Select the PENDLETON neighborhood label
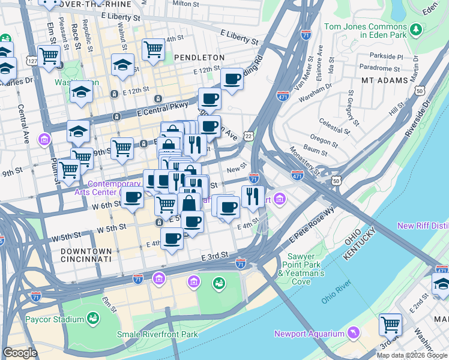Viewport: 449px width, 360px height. point(199,57)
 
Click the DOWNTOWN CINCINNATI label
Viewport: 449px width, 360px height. point(86,255)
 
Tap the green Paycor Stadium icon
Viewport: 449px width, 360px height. point(93,317)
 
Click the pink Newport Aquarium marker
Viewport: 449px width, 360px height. point(354,332)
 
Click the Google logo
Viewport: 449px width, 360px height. point(20,353)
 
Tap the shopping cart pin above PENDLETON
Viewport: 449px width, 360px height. point(154,49)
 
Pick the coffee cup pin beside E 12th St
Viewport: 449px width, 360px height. point(232,78)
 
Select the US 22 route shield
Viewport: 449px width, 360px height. point(248,137)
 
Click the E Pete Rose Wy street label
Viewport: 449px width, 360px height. point(312,224)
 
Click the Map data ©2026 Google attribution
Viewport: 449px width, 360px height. point(412,355)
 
